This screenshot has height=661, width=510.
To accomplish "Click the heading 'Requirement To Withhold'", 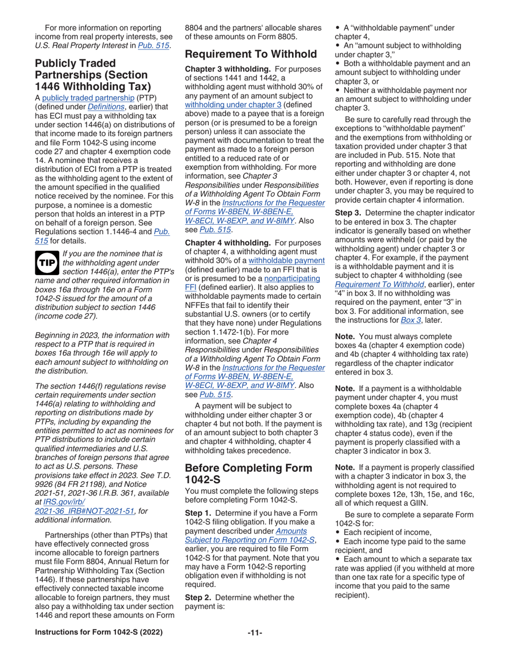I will [x=251, y=54].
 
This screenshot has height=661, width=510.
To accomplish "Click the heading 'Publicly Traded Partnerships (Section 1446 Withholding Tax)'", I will [x=92, y=75].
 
